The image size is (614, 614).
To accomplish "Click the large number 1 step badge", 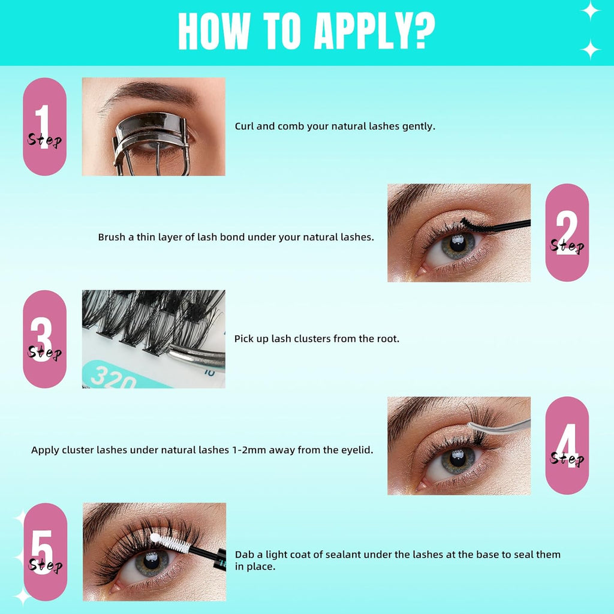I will [44, 127].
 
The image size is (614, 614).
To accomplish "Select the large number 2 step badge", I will [567, 233].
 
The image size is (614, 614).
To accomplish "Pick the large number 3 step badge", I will [44, 339].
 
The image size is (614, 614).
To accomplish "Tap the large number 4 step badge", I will [567, 446].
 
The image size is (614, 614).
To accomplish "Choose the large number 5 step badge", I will [44, 552].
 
